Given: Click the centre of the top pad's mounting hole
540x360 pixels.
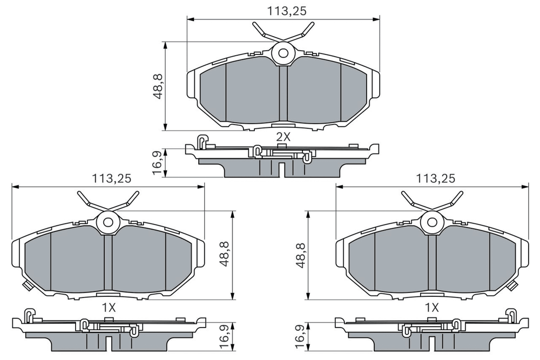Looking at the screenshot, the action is tap(283, 53).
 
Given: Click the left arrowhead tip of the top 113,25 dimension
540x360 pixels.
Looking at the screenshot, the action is tap(187, 19).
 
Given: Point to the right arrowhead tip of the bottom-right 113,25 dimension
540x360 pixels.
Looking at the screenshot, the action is tap(529, 187).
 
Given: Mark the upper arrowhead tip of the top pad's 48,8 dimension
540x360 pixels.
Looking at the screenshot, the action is tap(165, 42).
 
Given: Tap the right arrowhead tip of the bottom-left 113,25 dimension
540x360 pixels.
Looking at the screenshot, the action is tap(205, 187).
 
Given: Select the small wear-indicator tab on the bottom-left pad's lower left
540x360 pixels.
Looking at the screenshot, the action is tap(26, 285).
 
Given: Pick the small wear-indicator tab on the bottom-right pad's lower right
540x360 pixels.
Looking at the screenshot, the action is tap(514, 285).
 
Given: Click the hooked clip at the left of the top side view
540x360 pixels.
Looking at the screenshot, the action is tap(202, 141).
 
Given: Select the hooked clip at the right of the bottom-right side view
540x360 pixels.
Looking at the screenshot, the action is tap(511, 315).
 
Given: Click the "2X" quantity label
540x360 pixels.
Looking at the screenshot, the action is tap(283, 137).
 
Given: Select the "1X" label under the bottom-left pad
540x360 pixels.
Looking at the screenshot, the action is tap(109, 307).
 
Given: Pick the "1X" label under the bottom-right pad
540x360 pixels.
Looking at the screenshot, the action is tap(432, 307).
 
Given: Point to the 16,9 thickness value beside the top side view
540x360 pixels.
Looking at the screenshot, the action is tap(157, 163).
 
